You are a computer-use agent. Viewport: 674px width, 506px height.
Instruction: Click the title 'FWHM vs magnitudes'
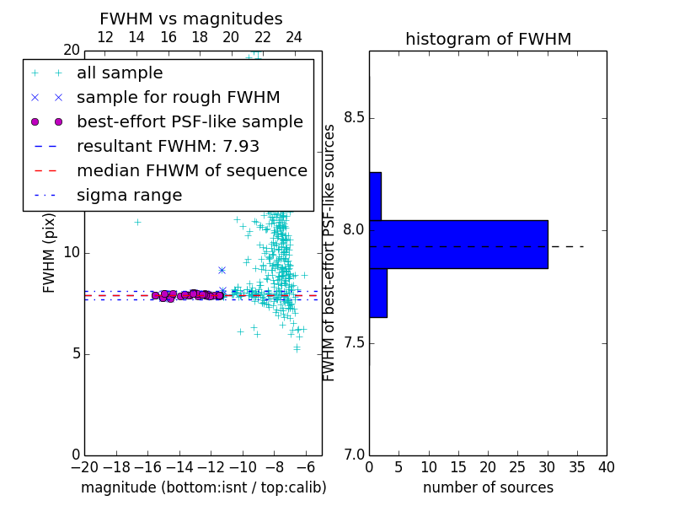click(x=191, y=19)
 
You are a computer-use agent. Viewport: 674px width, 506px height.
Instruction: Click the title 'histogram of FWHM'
click(x=489, y=39)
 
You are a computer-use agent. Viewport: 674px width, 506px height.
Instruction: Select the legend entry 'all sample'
click(x=120, y=73)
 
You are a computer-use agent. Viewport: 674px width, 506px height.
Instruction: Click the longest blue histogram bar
click(x=458, y=245)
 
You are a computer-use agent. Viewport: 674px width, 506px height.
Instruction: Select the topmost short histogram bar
click(x=375, y=196)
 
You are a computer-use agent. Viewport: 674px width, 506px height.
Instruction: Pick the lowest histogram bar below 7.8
click(x=378, y=293)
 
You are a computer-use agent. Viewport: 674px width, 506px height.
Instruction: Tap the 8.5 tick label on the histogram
click(x=354, y=118)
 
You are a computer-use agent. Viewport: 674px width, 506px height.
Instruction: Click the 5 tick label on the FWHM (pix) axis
click(x=76, y=353)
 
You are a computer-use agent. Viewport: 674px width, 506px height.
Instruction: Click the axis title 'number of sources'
click(x=489, y=487)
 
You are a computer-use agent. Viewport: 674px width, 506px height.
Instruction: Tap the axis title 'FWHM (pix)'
click(x=49, y=254)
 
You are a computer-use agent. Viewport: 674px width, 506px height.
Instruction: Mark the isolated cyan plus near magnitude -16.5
click(x=137, y=223)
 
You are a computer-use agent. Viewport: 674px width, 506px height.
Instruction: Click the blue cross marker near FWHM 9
click(x=222, y=270)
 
